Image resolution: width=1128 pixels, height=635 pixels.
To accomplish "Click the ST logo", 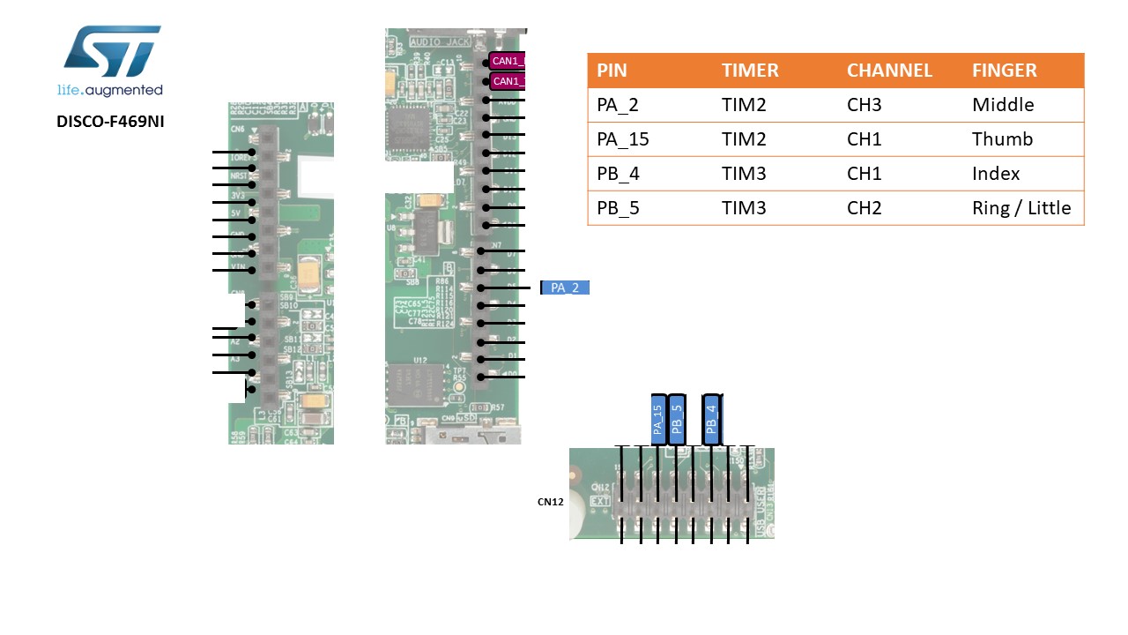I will pos(112,52).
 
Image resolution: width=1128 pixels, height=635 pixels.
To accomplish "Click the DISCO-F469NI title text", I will pos(110,122).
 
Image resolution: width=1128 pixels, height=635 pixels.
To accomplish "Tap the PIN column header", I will pos(612,71).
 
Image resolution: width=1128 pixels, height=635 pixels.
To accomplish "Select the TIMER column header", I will pos(750,71).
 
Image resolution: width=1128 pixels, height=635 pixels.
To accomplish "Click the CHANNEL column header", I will pos(889,71).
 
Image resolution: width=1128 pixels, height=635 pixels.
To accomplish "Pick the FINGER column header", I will pos(1004,71).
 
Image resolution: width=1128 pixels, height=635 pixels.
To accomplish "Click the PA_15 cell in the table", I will pos(623,139).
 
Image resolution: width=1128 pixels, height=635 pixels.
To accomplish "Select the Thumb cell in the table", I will pos(1002,139).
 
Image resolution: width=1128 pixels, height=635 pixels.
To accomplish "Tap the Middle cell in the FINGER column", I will pos(1003,105).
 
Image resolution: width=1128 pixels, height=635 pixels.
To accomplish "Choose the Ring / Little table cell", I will pos(1021,208).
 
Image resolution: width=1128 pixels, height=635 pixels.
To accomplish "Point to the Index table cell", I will pos(996,174).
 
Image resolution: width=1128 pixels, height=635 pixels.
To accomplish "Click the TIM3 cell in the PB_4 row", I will pos(744,174).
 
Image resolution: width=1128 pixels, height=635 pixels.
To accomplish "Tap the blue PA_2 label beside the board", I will pos(565,288).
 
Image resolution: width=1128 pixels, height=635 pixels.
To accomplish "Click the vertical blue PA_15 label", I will pos(658,420).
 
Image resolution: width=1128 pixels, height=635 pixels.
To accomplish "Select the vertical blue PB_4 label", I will pos(712,420).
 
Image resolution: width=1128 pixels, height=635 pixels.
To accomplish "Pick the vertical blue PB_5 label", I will pos(677,420).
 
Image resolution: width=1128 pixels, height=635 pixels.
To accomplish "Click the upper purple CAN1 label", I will pos(508,61).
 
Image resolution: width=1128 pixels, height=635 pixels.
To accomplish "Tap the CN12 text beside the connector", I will pos(550,502).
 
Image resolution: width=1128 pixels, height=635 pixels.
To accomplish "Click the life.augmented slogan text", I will pos(110,90).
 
